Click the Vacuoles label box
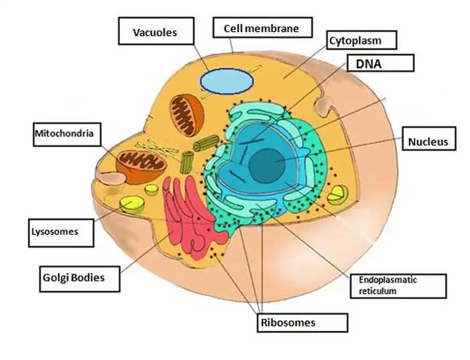click(x=155, y=32)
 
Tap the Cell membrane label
click(x=262, y=28)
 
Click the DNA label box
click(x=379, y=63)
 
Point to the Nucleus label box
click(x=429, y=141)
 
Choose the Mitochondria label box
click(x=64, y=134)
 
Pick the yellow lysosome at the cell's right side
click(x=336, y=195)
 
